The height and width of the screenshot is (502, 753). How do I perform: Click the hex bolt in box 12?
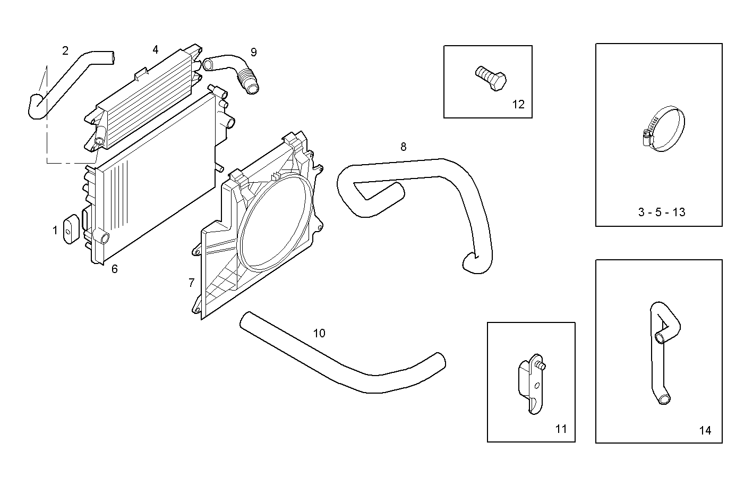point(490,78)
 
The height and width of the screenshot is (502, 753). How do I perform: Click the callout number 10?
point(319,333)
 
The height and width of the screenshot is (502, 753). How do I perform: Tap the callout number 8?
point(404,147)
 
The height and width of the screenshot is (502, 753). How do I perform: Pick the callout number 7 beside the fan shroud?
point(191,283)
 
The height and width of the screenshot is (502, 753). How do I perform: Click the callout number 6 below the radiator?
point(115,269)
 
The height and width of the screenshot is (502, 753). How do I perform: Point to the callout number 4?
point(155,49)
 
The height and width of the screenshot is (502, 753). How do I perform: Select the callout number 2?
point(65,51)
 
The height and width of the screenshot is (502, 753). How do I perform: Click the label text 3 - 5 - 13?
point(661,212)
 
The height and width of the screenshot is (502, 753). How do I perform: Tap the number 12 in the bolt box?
point(518,104)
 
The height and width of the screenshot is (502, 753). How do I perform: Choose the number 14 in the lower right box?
point(705,430)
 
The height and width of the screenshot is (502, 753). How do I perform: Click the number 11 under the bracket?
point(561,429)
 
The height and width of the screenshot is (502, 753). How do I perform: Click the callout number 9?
point(254,52)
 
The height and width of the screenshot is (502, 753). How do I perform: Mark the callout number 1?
point(55,231)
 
